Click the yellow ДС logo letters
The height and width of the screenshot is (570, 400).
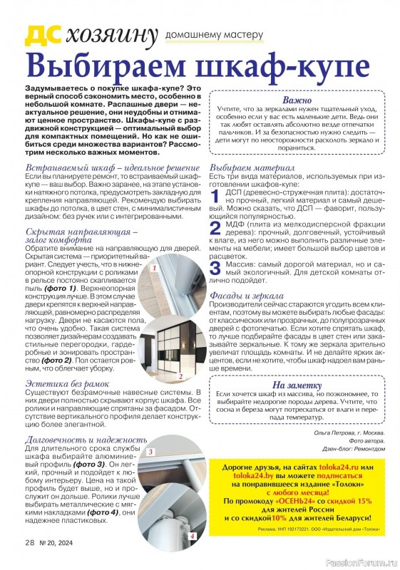[x=43, y=36]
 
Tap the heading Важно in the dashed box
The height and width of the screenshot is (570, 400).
[x=297, y=100]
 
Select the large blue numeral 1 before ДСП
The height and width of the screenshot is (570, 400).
[x=215, y=197]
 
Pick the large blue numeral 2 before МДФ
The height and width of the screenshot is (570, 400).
[x=215, y=228]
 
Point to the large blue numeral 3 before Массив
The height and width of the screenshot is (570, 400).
[x=215, y=269]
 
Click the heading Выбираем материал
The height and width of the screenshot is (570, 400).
[x=252, y=168]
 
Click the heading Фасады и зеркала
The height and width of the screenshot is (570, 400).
[x=247, y=296]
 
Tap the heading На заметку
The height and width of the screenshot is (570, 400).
[x=297, y=385]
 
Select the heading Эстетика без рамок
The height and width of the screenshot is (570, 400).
[x=67, y=384]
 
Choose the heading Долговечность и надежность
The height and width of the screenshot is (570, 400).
[x=86, y=440]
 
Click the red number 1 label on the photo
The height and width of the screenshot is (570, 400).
[x=154, y=269]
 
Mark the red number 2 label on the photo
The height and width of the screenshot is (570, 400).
[x=180, y=376]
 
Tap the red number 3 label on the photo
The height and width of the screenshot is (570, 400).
[x=150, y=452]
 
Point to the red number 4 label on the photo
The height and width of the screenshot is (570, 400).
[x=192, y=537]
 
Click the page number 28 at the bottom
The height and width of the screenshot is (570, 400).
[x=30, y=543]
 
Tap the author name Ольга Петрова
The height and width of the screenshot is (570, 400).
[x=334, y=433]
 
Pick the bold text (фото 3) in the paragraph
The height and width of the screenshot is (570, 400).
[x=88, y=465]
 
